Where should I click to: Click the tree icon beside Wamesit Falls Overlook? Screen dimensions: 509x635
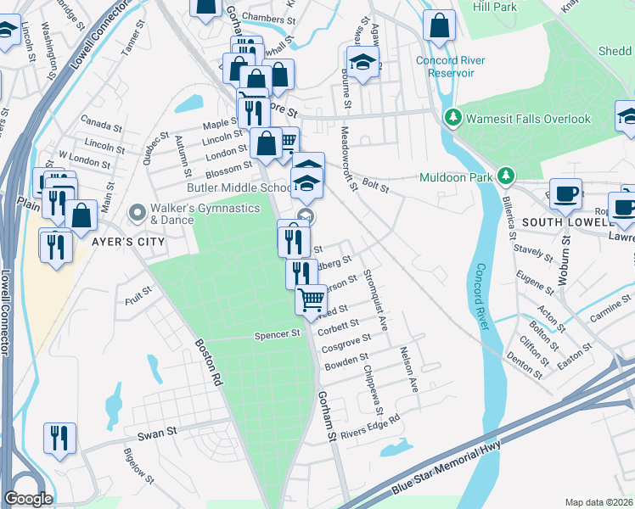point(453,119)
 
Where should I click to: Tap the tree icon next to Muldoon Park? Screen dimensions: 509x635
point(507,176)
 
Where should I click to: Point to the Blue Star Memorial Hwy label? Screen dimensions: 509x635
point(447,467)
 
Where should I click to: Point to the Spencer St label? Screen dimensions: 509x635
point(278,335)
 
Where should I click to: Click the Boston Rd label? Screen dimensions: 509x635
point(207,363)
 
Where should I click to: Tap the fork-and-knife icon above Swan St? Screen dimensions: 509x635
point(59,438)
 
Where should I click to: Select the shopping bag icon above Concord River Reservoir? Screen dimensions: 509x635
point(440,25)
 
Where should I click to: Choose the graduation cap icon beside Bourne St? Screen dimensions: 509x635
point(362,62)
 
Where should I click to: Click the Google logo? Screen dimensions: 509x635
point(28,499)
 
